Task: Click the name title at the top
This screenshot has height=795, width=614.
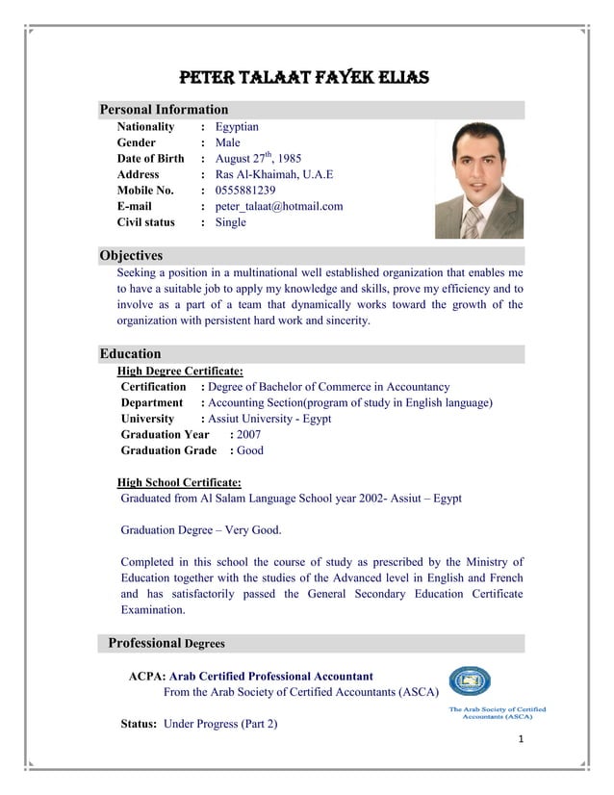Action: (x=305, y=77)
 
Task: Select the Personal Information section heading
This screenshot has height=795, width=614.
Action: (x=165, y=110)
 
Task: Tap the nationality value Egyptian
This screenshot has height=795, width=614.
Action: (x=237, y=127)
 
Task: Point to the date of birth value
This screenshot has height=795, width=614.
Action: (x=258, y=159)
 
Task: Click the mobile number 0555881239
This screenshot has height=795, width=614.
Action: (x=245, y=191)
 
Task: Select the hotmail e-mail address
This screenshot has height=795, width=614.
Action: (x=279, y=206)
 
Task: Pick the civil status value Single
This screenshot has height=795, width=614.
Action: (x=231, y=222)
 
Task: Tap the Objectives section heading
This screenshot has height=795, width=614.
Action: (x=132, y=256)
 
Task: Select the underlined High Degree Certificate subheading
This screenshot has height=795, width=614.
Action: (x=180, y=371)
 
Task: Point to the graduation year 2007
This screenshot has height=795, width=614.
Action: (x=248, y=434)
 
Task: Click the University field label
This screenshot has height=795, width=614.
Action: (x=147, y=419)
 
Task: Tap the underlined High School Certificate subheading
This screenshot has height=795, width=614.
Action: (x=179, y=482)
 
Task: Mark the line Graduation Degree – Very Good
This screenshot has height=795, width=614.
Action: (x=201, y=530)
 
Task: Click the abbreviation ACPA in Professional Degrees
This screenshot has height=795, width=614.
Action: (x=147, y=677)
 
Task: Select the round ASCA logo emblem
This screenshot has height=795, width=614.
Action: (x=471, y=682)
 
